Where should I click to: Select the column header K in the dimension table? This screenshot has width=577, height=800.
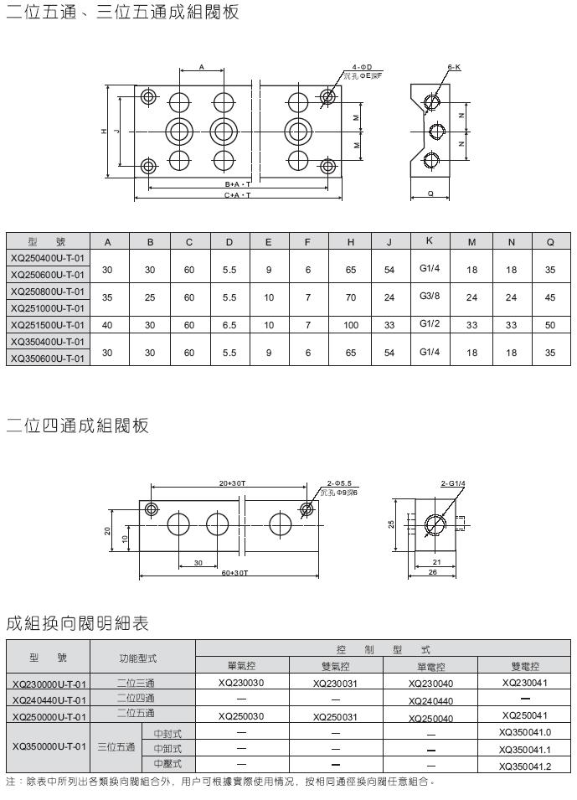429,241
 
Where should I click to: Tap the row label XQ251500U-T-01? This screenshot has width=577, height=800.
48,325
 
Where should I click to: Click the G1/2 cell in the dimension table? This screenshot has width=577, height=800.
429,325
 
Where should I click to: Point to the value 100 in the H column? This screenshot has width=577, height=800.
350,325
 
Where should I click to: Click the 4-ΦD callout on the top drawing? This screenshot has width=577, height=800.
362,67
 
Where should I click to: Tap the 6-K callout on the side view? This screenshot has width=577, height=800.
454,67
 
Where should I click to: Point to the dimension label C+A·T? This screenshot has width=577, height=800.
238,195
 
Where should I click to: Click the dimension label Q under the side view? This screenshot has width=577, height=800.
430,193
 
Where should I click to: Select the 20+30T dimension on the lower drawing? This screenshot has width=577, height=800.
231,483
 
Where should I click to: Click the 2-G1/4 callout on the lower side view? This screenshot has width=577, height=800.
452,483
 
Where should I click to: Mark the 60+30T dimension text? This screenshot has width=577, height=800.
237,572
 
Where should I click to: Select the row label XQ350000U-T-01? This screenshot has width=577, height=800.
48,746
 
